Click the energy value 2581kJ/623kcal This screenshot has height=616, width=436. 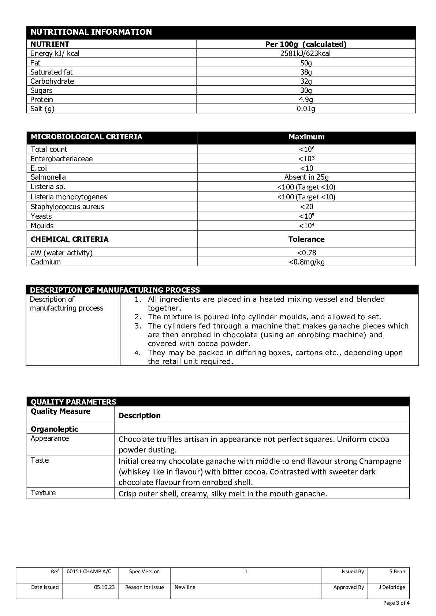(x=306, y=53)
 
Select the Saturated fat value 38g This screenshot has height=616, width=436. (x=306, y=72)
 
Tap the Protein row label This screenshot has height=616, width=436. (x=41, y=99)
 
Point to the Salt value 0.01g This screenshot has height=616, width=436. (x=306, y=109)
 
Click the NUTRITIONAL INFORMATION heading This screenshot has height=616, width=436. (x=91, y=32)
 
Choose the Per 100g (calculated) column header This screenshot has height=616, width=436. (x=306, y=44)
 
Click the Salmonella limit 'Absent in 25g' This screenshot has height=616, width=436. (x=306, y=177)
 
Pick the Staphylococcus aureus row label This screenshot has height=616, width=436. (x=67, y=207)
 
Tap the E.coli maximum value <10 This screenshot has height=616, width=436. (x=306, y=168)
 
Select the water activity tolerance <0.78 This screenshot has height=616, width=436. (x=306, y=253)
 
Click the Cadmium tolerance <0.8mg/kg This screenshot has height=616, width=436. (x=306, y=262)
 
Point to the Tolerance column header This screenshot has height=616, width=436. (x=306, y=239)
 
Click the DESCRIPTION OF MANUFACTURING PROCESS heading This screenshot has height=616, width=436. (x=115, y=290)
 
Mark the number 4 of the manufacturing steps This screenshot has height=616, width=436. (x=137, y=353)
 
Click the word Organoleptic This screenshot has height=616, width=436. (x=55, y=429)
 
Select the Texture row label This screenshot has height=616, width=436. (x=43, y=493)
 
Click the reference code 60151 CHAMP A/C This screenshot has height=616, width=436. (x=89, y=571)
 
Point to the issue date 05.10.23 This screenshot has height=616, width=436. (x=104, y=587)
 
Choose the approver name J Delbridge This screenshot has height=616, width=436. (x=392, y=587)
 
